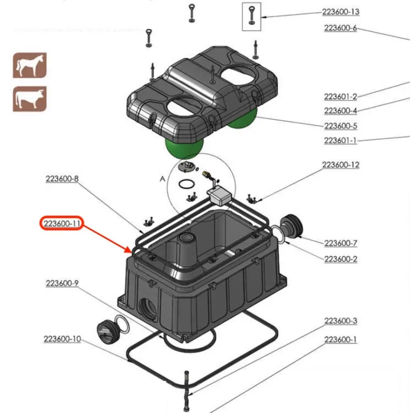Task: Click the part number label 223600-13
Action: (341, 12)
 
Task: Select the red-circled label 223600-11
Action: (62, 224)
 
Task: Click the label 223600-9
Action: (62, 283)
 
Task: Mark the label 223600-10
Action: (62, 339)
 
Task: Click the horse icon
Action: (30, 66)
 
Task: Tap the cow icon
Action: (30, 99)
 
